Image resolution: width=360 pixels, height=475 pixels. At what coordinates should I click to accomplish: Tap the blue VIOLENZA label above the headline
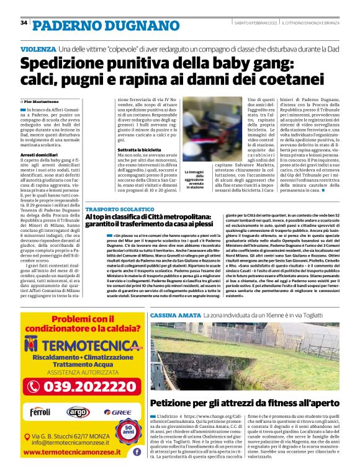tap(38, 48)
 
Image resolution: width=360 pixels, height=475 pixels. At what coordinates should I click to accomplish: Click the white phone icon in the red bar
tap(33, 386)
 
